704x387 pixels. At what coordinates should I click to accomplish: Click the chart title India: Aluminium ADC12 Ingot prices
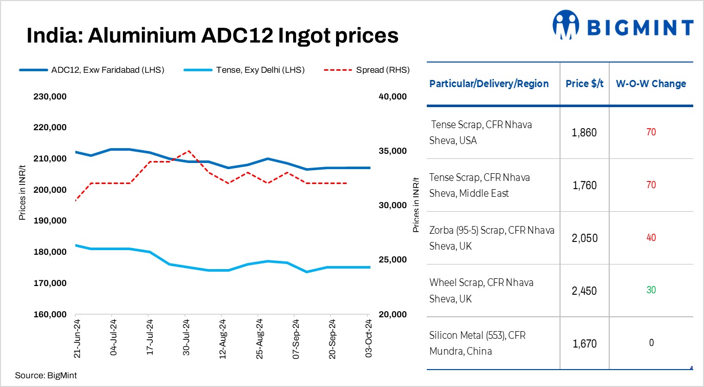tap(212, 36)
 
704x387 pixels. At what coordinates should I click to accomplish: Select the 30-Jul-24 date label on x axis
tap(185, 337)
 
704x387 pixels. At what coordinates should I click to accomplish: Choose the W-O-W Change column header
tap(651, 84)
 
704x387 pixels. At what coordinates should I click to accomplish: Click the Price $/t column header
tap(584, 84)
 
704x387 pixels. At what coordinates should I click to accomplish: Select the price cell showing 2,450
tap(584, 291)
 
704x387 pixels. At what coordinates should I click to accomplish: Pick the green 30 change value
tap(651, 290)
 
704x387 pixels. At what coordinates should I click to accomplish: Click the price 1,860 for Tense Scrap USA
tap(584, 133)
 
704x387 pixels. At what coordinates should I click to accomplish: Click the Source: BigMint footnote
tap(46, 376)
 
